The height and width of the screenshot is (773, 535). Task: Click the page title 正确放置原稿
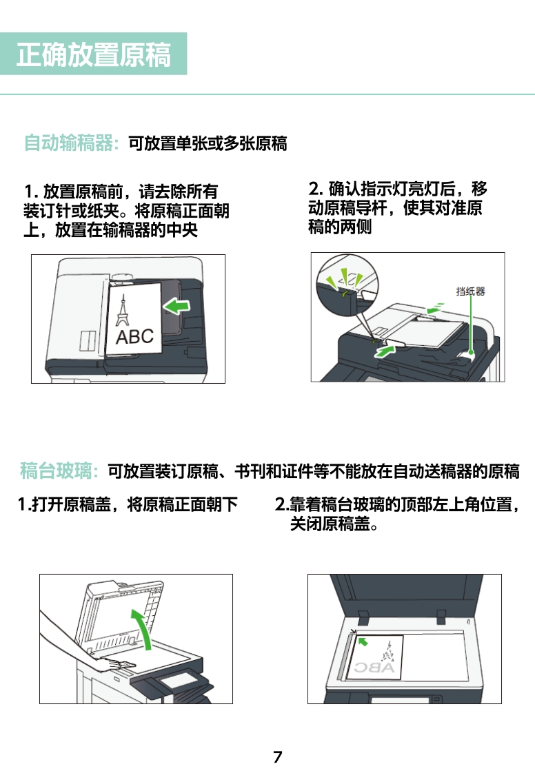tap(94, 54)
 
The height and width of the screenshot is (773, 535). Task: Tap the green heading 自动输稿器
tap(69, 143)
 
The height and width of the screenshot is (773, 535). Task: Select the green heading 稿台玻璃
tap(56, 471)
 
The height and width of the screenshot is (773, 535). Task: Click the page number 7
tap(278, 756)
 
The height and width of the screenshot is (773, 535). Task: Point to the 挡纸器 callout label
tap(470, 291)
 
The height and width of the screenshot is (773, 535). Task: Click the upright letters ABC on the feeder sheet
tap(134, 337)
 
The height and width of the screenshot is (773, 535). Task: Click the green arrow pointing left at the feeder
tap(176, 306)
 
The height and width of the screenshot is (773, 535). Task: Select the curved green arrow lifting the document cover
tap(144, 626)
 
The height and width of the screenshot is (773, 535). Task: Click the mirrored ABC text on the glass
tap(374, 668)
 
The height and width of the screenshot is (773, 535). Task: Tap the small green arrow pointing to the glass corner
tap(363, 641)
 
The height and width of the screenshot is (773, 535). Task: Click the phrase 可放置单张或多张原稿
tap(208, 143)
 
